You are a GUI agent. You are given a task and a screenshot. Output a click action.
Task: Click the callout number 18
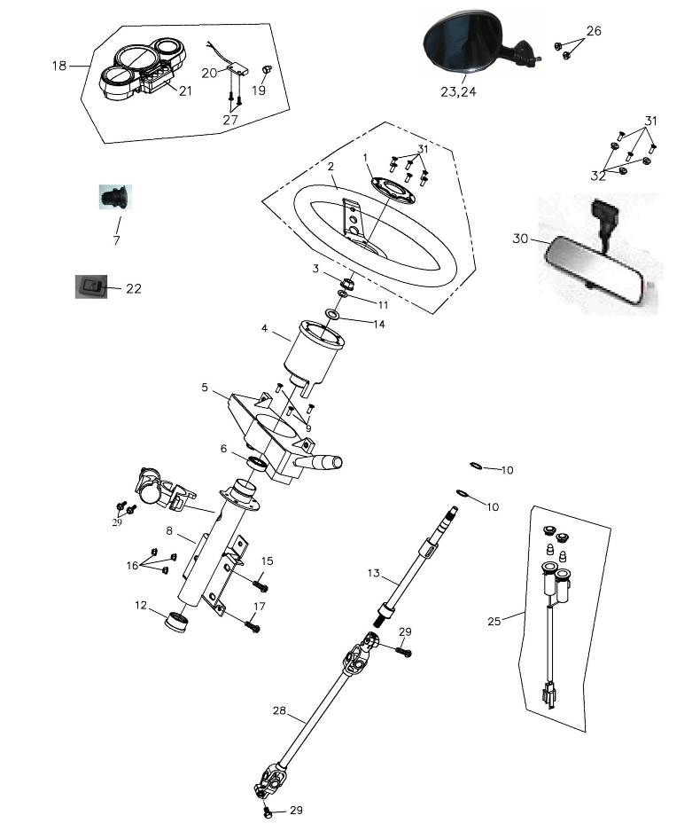click(x=59, y=66)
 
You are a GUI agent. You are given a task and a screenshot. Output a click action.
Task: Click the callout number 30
click(x=520, y=239)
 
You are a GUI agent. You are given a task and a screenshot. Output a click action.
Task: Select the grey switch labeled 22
click(x=89, y=286)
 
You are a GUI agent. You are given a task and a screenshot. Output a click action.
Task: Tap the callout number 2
click(x=330, y=166)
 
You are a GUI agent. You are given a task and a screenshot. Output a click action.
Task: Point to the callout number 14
click(x=378, y=325)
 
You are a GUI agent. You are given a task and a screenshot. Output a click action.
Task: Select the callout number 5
click(x=205, y=388)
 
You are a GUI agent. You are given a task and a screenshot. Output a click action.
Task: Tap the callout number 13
click(x=373, y=574)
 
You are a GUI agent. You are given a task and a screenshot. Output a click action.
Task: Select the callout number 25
click(x=494, y=621)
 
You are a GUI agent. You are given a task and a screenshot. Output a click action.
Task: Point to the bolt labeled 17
click(x=253, y=626)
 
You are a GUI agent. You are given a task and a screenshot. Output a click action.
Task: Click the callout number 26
click(x=594, y=31)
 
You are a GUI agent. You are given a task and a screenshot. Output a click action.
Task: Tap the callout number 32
click(x=599, y=176)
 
